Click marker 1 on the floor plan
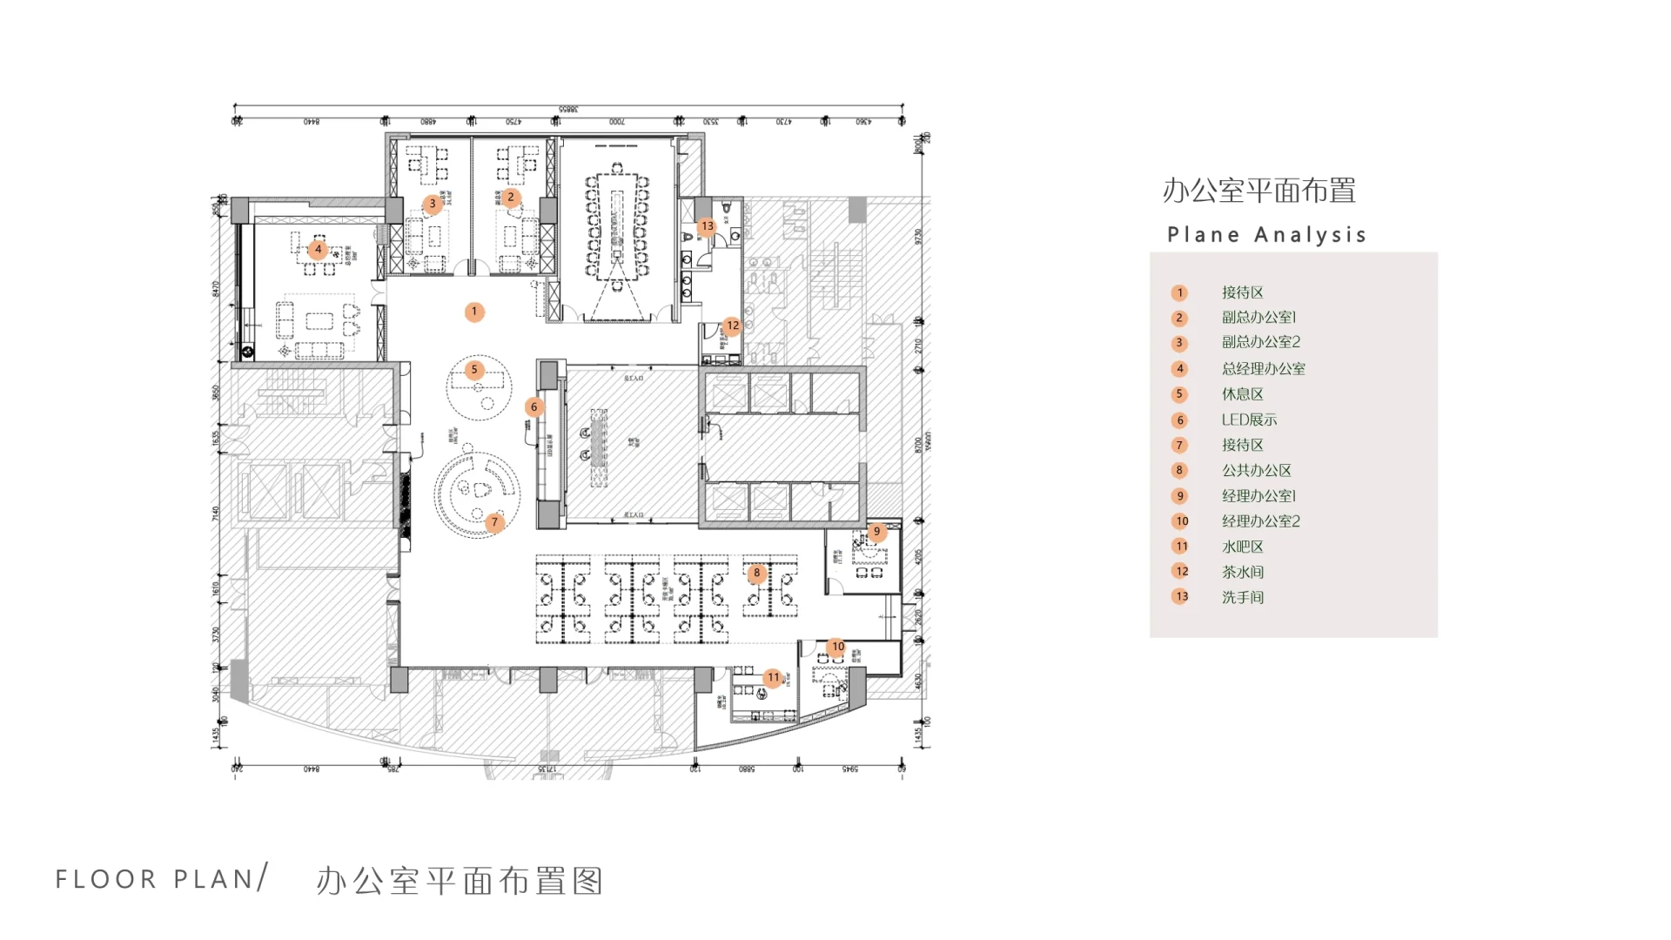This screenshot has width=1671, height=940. pyautogui.click(x=474, y=312)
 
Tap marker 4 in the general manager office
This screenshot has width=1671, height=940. pyautogui.click(x=318, y=250)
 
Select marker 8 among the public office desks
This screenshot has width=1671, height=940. pyautogui.click(x=756, y=573)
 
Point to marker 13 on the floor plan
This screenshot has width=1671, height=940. pyautogui.click(x=707, y=226)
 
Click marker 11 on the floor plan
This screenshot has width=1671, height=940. pyautogui.click(x=773, y=677)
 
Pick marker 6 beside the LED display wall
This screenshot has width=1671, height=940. pyautogui.click(x=534, y=406)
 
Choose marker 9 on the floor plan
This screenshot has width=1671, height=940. pyautogui.click(x=876, y=531)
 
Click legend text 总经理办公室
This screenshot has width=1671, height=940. pyautogui.click(x=1263, y=369)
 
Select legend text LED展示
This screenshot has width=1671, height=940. pyautogui.click(x=1249, y=420)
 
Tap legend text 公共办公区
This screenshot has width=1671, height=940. pyautogui.click(x=1256, y=471)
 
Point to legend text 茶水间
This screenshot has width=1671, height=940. pyautogui.click(x=1242, y=572)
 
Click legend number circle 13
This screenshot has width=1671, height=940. pyautogui.click(x=1180, y=597)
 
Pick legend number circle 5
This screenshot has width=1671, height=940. pyautogui.click(x=1179, y=394)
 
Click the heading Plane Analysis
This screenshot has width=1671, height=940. pyautogui.click(x=1266, y=235)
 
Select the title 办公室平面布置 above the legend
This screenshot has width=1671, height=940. pyautogui.click(x=1258, y=191)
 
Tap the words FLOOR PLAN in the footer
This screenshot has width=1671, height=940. pyautogui.click(x=156, y=879)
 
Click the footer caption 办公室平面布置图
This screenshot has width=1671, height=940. pyautogui.click(x=460, y=881)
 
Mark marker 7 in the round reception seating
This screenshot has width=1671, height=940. pyautogui.click(x=494, y=522)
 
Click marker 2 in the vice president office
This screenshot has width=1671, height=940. pyautogui.click(x=511, y=198)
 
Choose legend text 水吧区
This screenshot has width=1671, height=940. pyautogui.click(x=1242, y=547)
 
